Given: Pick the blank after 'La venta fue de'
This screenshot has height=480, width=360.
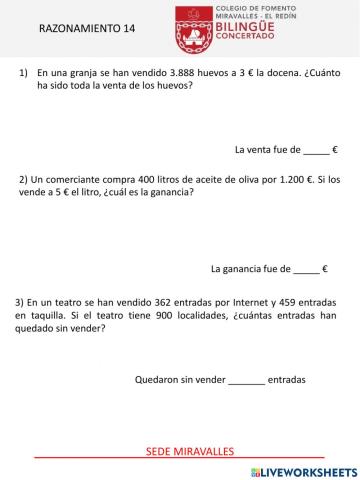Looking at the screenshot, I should (x=315, y=149).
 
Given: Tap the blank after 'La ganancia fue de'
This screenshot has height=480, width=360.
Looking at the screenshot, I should (x=307, y=269).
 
